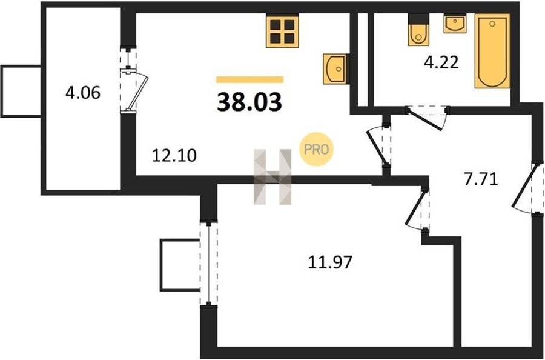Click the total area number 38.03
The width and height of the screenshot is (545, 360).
249,102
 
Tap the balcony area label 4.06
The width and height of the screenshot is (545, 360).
83,93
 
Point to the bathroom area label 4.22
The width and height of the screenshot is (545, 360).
441,63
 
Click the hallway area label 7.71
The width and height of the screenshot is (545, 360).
481,179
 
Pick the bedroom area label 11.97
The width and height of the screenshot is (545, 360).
330,262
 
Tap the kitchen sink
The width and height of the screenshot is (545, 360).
334,69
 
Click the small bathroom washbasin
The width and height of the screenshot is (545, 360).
455,23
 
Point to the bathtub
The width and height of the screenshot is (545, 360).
492,51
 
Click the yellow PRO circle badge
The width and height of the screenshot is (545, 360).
316,149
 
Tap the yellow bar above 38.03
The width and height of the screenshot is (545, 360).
249,79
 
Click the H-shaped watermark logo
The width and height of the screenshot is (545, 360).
272,177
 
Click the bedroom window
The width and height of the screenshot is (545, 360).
208,264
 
